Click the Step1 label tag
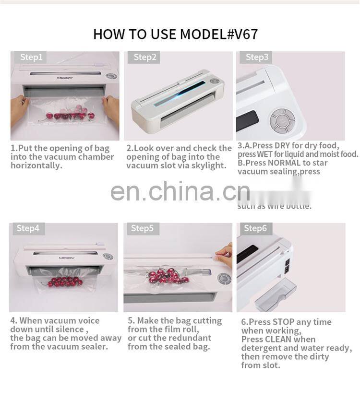pyautogui.click(x=31, y=58)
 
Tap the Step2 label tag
pyautogui.click(x=145, y=58)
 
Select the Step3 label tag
pyautogui.click(x=257, y=58)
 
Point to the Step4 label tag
pyautogui.click(x=28, y=228)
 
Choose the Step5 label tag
pyautogui.click(x=142, y=228)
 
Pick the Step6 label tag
pyautogui.click(x=255, y=228)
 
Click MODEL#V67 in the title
pyautogui.click(x=219, y=35)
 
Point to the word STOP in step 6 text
pyautogui.click(x=283, y=322)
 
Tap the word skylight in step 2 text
pyautogui.click(x=209, y=165)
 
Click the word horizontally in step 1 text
pyautogui.click(x=36, y=165)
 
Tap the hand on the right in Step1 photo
pyautogui.click(x=111, y=108)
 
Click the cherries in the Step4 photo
pyautogui.click(x=64, y=282)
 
